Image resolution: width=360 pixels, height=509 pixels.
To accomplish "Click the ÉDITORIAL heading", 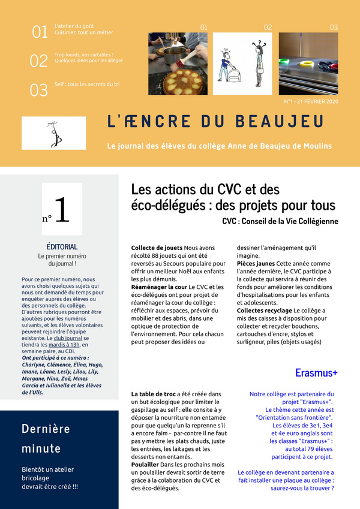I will pos(62,246).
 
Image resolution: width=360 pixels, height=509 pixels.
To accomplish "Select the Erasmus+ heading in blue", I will pos(316,373).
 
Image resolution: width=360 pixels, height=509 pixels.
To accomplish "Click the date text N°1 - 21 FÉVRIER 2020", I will pos(311,102).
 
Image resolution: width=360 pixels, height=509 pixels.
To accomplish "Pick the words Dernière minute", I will pos(46,438).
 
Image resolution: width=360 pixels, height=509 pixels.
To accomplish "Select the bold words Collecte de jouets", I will pos(157,248).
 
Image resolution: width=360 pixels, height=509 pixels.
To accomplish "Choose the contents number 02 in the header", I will pos(38,61).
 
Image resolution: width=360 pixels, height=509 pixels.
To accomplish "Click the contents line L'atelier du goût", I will pos(73,27).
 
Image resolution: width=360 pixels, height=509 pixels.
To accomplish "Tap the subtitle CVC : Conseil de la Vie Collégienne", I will pos(280,221).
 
